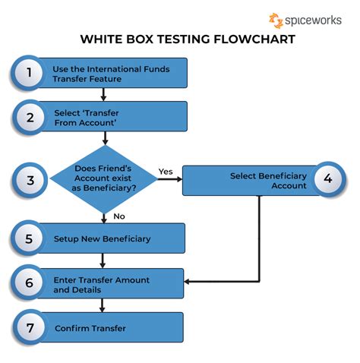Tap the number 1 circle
[x=30, y=73]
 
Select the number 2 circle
[x=30, y=118]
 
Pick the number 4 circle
[x=328, y=179]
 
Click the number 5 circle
[x=29, y=238]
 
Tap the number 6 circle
[x=29, y=283]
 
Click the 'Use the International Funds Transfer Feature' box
[x=114, y=73]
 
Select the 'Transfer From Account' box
[x=114, y=118]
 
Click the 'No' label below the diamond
[x=118, y=216]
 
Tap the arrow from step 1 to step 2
[x=104, y=95]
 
